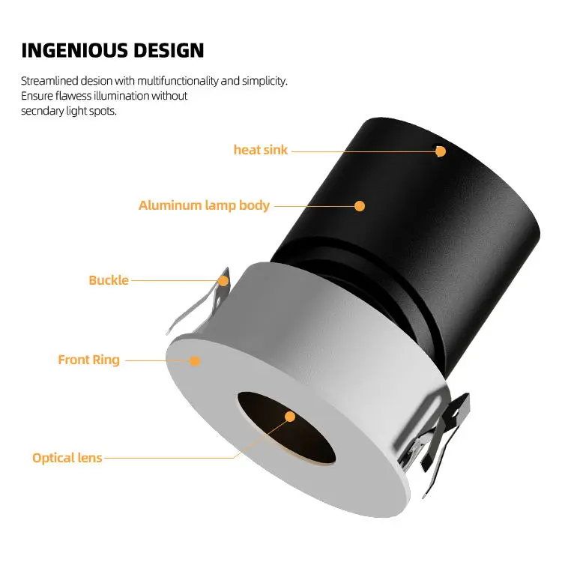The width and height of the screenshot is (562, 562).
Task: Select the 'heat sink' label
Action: click(x=260, y=150)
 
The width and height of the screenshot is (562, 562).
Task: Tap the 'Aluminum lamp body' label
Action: click(x=204, y=205)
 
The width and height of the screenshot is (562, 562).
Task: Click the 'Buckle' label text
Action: click(x=109, y=280)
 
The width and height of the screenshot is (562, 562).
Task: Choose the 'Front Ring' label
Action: click(x=88, y=360)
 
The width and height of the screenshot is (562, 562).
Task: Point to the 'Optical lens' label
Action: click(x=67, y=457)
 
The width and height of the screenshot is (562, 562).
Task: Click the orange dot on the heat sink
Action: click(x=441, y=151)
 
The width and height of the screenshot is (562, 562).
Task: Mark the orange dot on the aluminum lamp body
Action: click(x=360, y=205)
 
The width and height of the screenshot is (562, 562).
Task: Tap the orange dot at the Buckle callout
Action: click(x=223, y=280)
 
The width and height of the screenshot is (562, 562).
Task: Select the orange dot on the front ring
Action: click(x=195, y=360)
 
